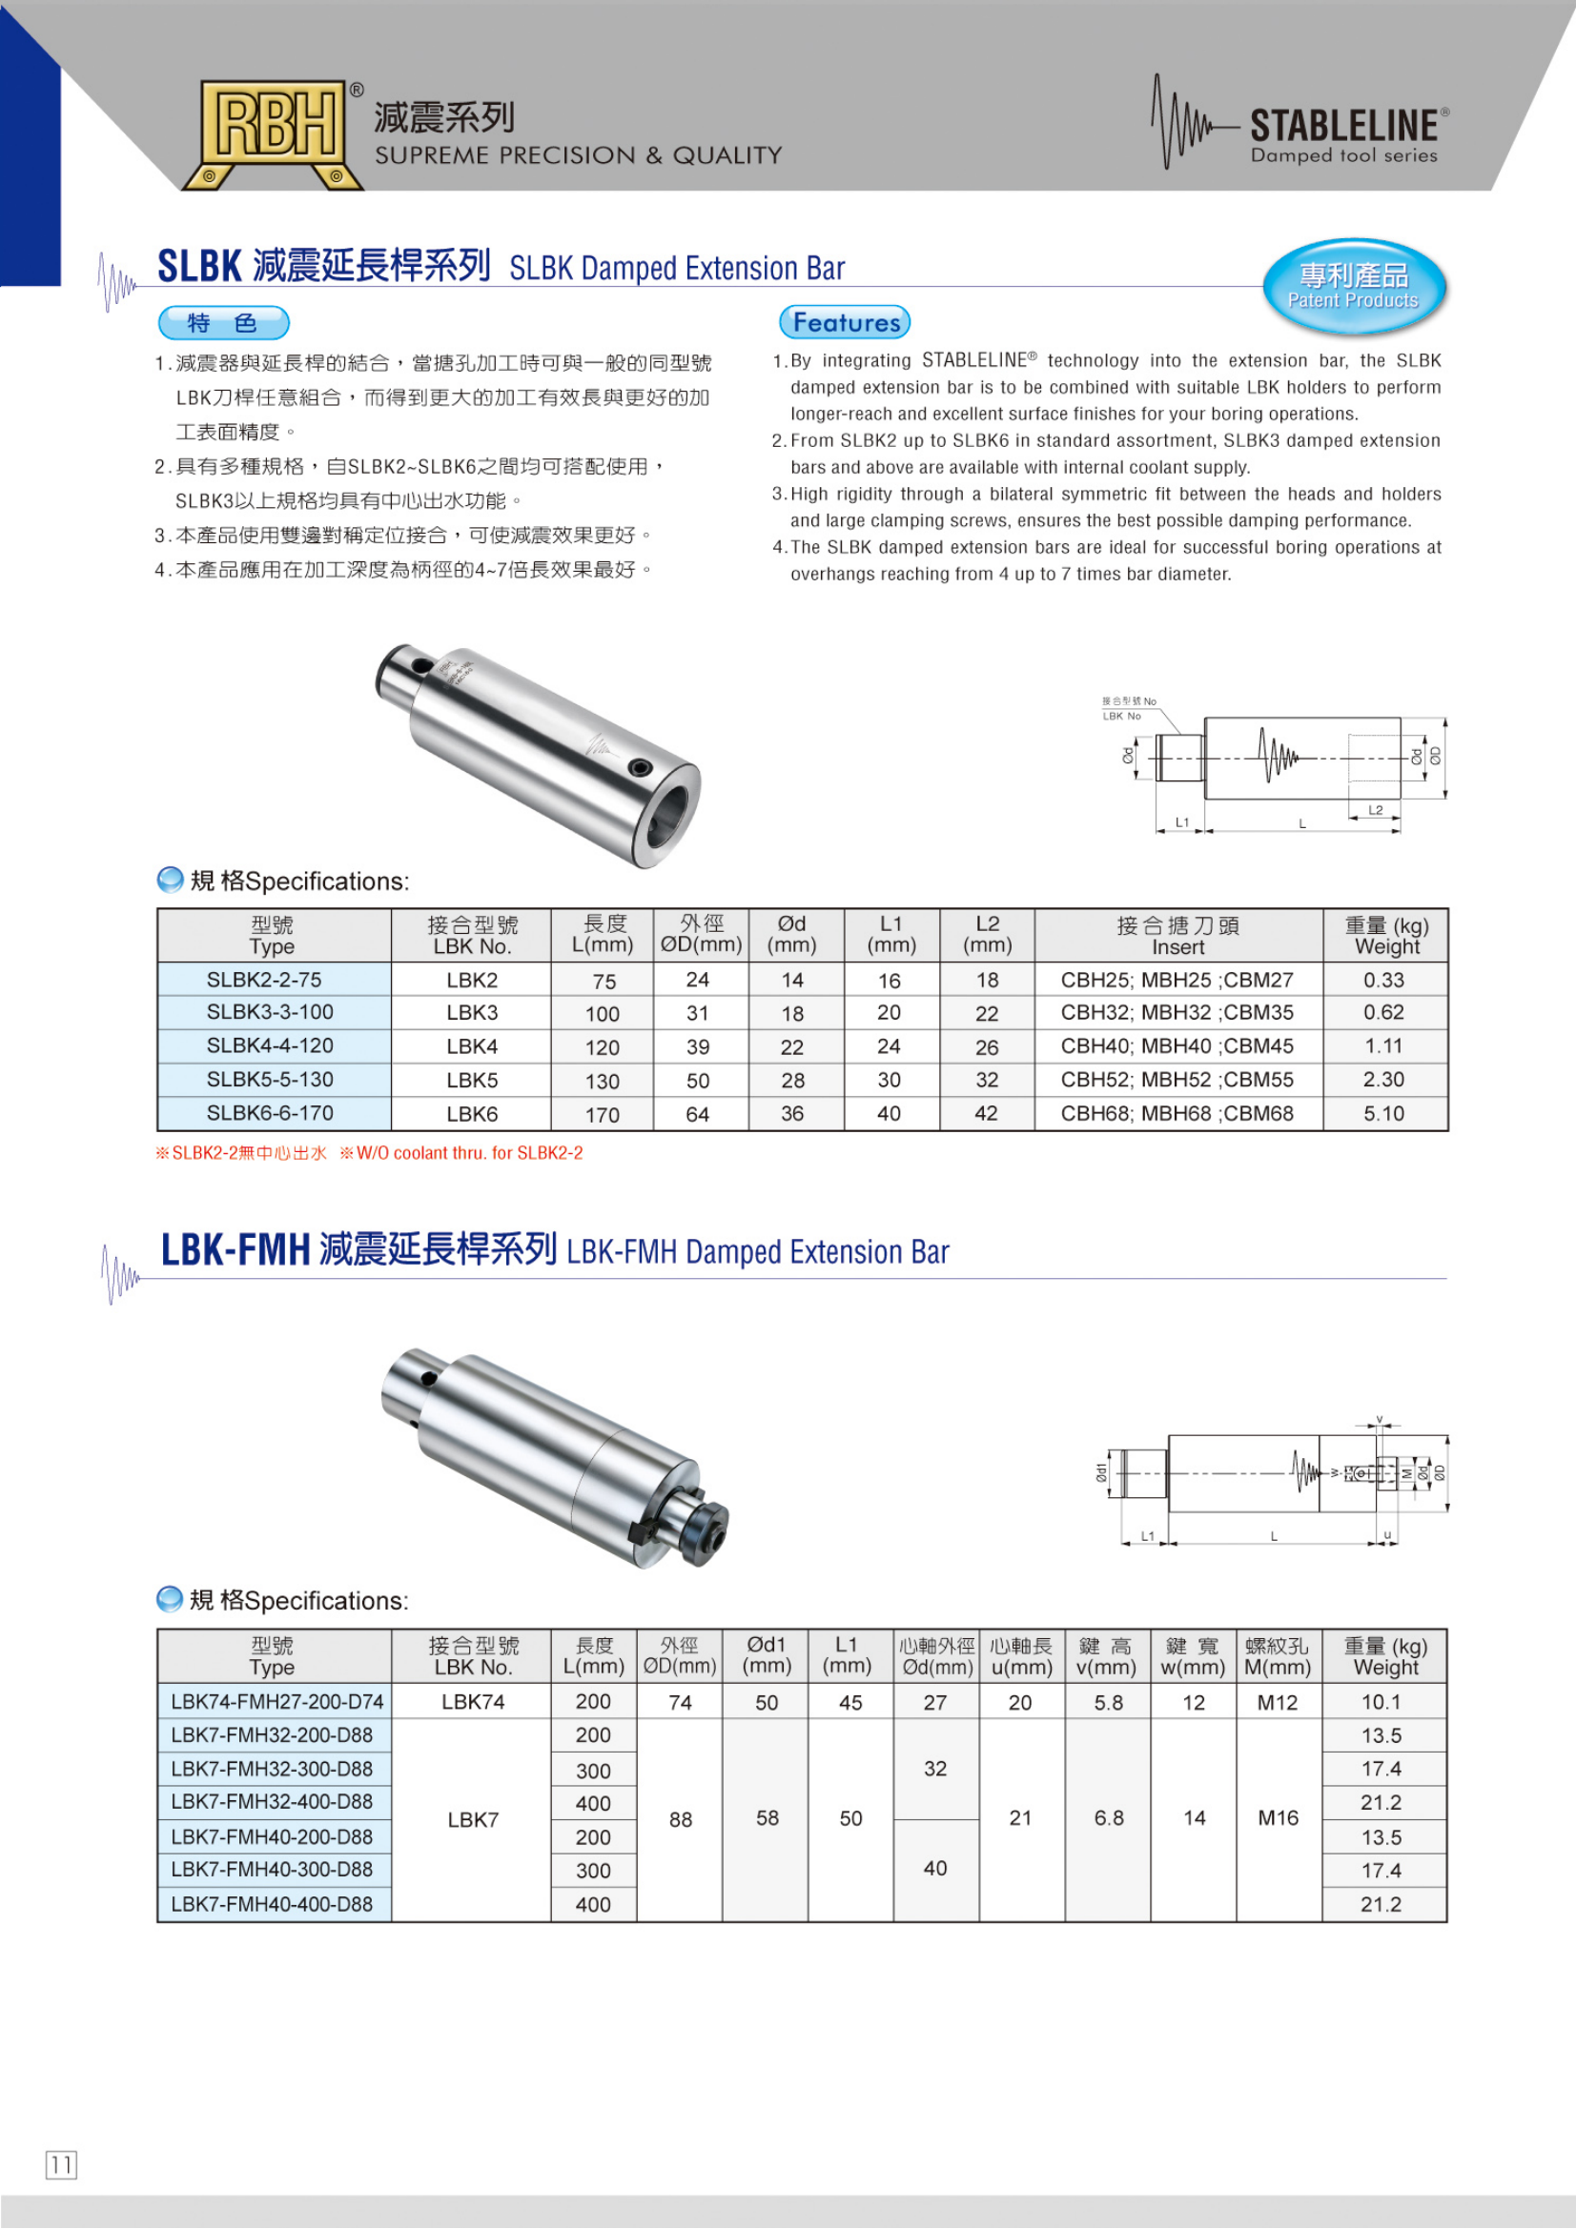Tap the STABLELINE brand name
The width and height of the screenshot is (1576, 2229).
[1343, 125]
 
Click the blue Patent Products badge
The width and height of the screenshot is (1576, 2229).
[1354, 287]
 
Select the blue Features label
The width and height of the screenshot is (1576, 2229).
[845, 322]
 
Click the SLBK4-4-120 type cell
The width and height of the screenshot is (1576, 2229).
[270, 1045]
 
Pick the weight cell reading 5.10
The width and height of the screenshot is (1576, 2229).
[1383, 1113]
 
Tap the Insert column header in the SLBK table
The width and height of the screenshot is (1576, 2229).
[1177, 935]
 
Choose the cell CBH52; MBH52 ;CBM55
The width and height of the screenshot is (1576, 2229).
[1177, 1080]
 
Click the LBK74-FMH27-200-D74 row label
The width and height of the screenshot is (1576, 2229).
[276, 1702]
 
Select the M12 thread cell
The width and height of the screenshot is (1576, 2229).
[1277, 1702]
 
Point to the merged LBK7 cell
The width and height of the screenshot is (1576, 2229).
[473, 1819]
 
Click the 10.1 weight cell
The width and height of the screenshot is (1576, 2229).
[1382, 1702]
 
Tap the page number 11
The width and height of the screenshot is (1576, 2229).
[61, 2165]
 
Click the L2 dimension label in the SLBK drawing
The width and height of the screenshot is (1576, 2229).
[1375, 810]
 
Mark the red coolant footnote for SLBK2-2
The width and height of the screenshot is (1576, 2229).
[369, 1153]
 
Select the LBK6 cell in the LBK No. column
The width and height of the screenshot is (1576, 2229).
[472, 1113]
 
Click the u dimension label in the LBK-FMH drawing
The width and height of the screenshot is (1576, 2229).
[1386, 1535]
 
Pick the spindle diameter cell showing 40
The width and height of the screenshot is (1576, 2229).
[935, 1869]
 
